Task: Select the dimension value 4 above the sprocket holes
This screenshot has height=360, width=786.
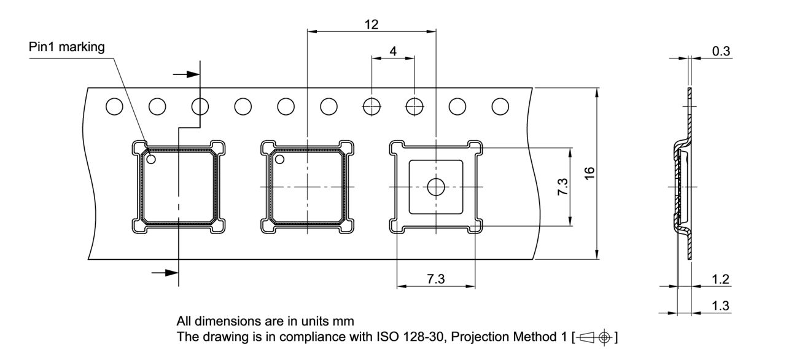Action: coord(393,52)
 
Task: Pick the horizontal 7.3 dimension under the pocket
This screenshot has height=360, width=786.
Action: coord(437,279)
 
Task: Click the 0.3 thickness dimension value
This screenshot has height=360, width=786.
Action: coord(721,51)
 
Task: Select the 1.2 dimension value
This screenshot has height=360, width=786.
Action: coord(721,280)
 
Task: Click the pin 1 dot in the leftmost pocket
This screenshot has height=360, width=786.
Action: coord(151,160)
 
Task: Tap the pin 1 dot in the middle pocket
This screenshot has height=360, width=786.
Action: coord(279,160)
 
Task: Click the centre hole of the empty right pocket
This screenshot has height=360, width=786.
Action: coord(436,187)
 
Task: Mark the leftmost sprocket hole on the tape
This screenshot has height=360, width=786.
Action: coord(114,106)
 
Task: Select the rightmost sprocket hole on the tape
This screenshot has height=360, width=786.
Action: coord(500,106)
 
